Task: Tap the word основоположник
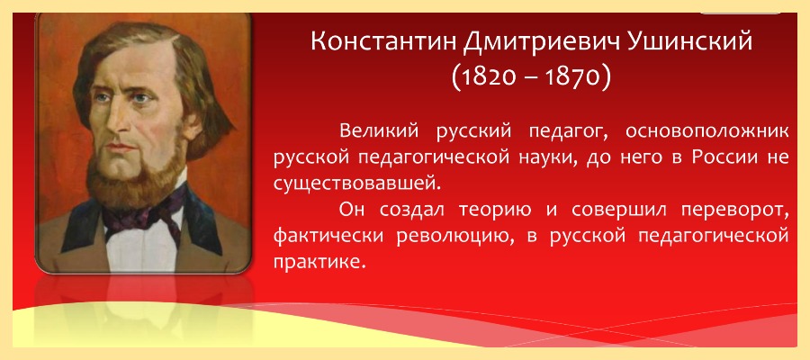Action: [x=707, y=132]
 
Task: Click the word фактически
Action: [x=328, y=237]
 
